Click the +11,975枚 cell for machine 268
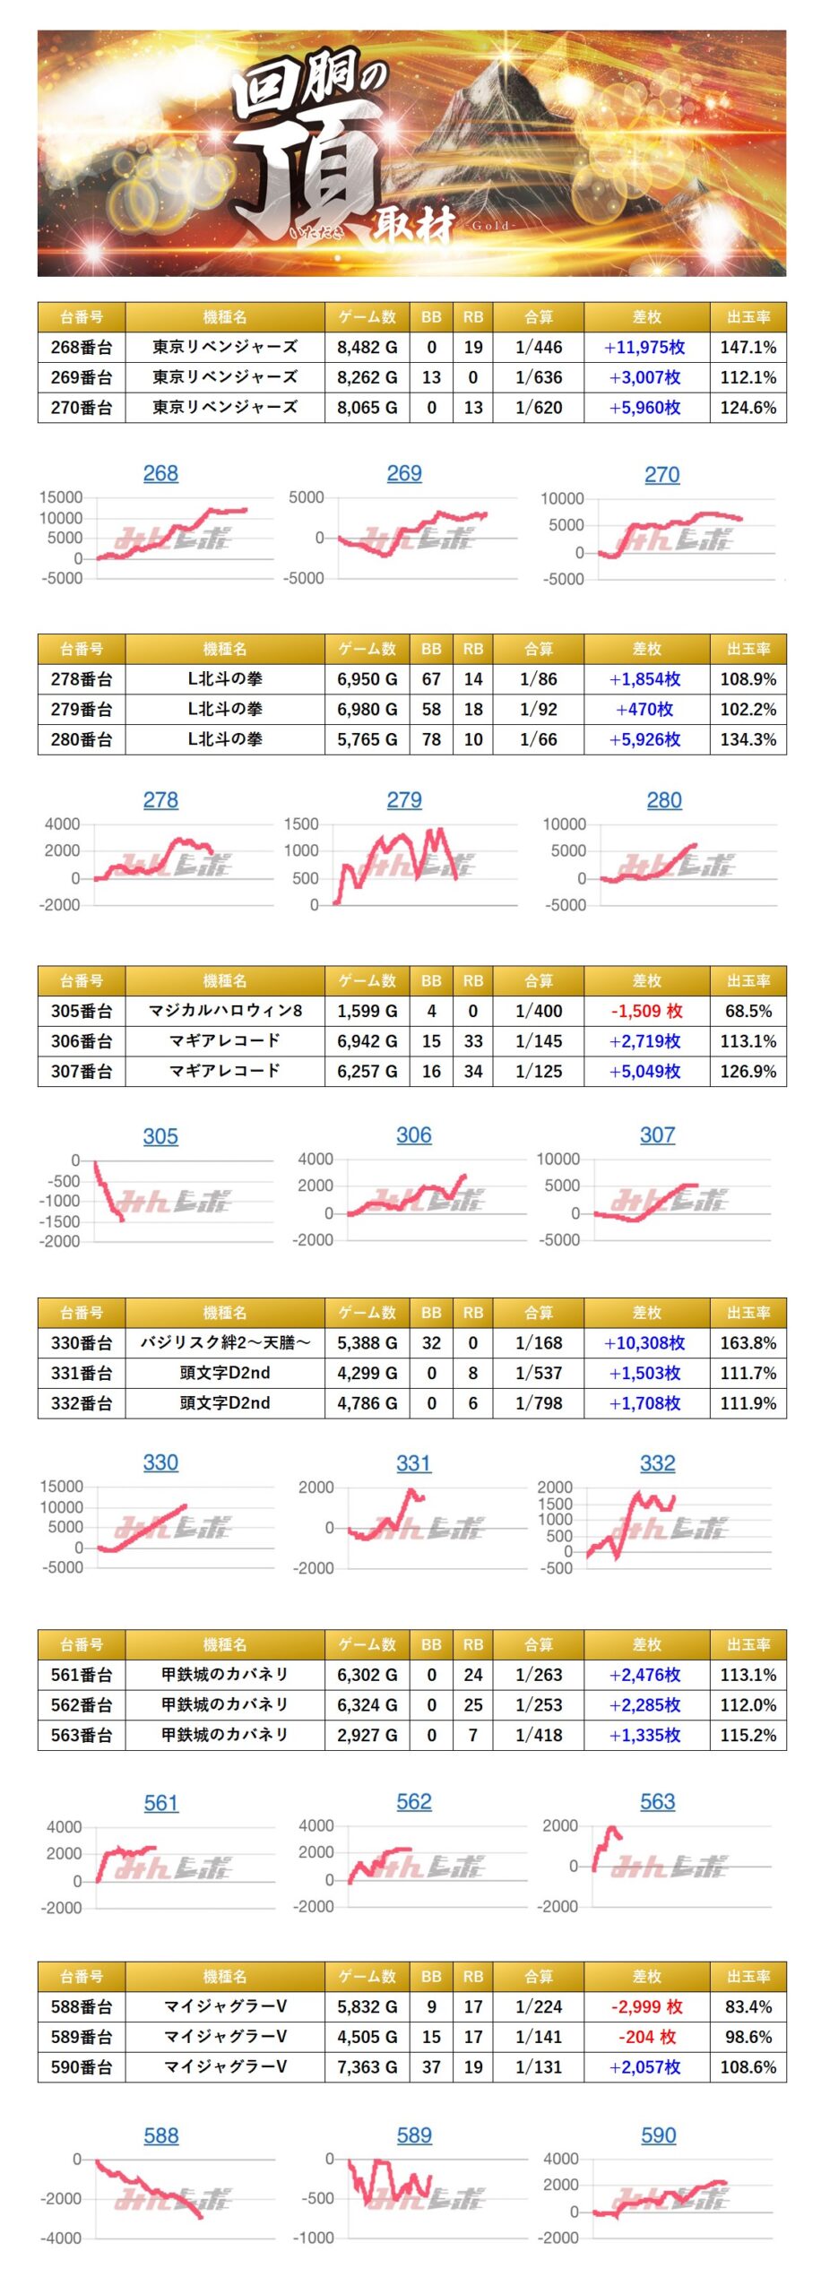point(645,348)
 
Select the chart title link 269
point(404,474)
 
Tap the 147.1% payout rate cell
point(748,348)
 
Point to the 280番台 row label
point(82,739)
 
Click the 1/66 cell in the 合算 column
point(539,739)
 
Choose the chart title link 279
point(404,800)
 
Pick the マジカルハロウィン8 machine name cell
point(225,1011)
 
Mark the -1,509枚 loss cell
point(646,1011)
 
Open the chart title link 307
point(657,1135)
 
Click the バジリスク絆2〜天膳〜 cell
point(225,1342)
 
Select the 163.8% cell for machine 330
point(748,1342)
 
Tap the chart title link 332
point(657,1463)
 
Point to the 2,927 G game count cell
point(367,1735)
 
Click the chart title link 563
point(657,1802)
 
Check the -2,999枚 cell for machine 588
point(646,2006)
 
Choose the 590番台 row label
point(82,2066)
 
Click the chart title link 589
point(414,2135)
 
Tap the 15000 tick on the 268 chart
point(61,497)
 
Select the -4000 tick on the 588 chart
point(61,2238)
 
